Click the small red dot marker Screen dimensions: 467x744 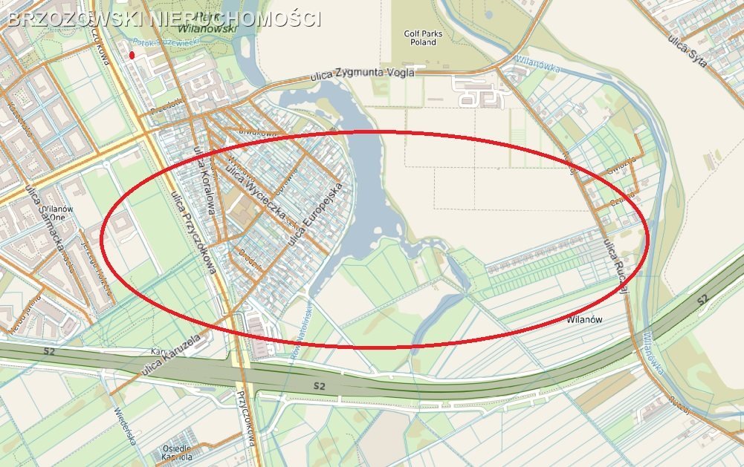(x=132, y=54)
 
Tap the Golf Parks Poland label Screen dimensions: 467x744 (x=421, y=38)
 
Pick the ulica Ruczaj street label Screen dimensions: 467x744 (x=615, y=266)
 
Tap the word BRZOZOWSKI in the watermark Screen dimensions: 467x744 (x=73, y=19)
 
